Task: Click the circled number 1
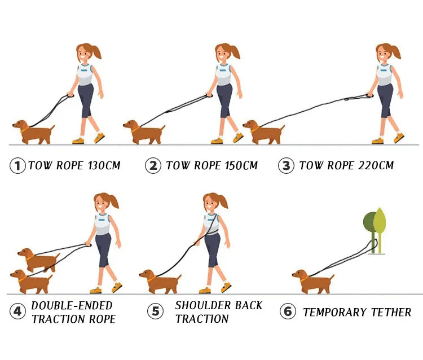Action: (x=18, y=166)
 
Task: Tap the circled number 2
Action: (x=152, y=166)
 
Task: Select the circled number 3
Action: (x=287, y=166)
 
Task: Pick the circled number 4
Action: (x=18, y=311)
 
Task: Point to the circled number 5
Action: (x=155, y=311)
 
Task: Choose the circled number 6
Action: (x=288, y=311)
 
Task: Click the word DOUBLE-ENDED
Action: (x=72, y=305)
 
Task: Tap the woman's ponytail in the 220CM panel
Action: (x=396, y=52)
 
